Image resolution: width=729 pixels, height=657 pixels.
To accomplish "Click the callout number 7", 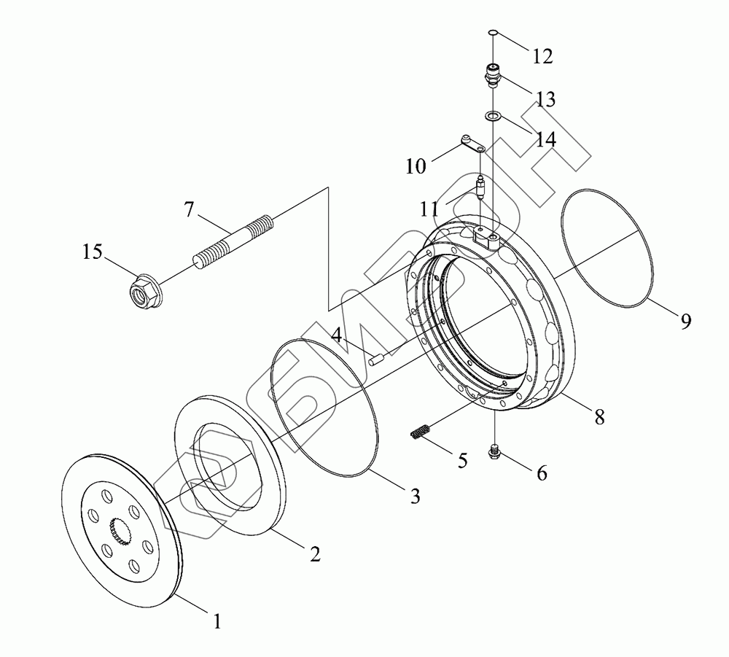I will point(189,209).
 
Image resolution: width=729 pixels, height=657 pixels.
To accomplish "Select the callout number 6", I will point(541,473).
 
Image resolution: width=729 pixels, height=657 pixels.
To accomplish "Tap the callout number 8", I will point(599,416).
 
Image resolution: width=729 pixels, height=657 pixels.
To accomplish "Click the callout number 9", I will point(685,322).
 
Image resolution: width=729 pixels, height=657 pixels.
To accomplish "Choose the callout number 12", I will point(542,55).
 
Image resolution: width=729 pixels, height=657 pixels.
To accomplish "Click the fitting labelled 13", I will point(494,75).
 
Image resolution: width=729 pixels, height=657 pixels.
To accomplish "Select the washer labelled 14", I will point(494,115).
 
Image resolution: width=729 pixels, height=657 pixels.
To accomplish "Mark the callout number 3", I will point(413,497).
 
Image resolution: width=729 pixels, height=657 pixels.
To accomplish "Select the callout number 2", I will point(314,554).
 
